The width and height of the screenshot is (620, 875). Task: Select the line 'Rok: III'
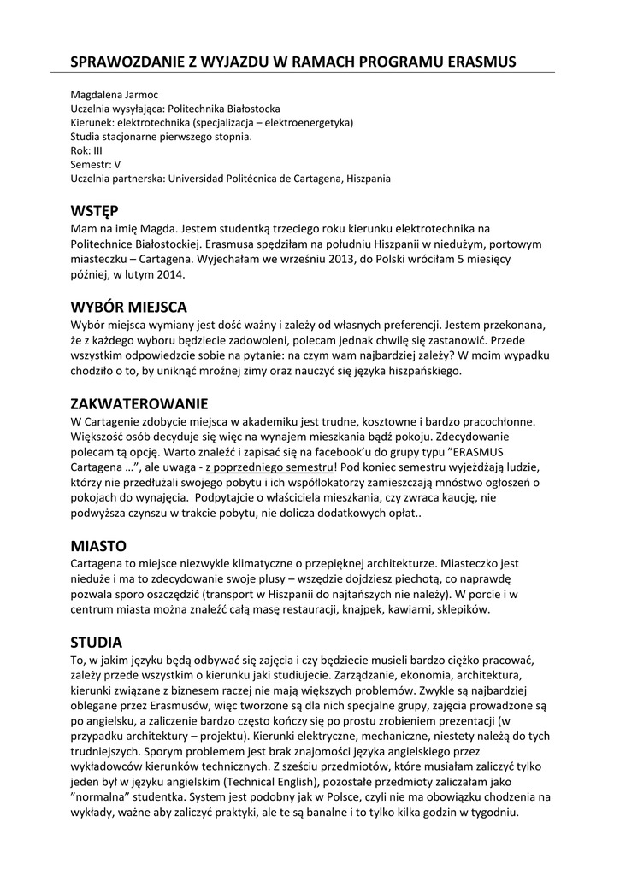[86, 150]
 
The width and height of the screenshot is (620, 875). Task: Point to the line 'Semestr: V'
[95, 164]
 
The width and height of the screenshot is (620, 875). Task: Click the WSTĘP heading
[94, 211]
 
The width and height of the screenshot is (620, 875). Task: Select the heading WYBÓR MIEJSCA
[128, 307]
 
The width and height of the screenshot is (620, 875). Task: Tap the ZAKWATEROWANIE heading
[139, 403]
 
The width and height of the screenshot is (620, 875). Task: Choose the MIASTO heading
[98, 545]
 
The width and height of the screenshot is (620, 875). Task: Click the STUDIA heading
[97, 642]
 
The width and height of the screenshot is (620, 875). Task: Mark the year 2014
[170, 275]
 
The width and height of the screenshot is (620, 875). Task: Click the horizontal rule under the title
[311, 73]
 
